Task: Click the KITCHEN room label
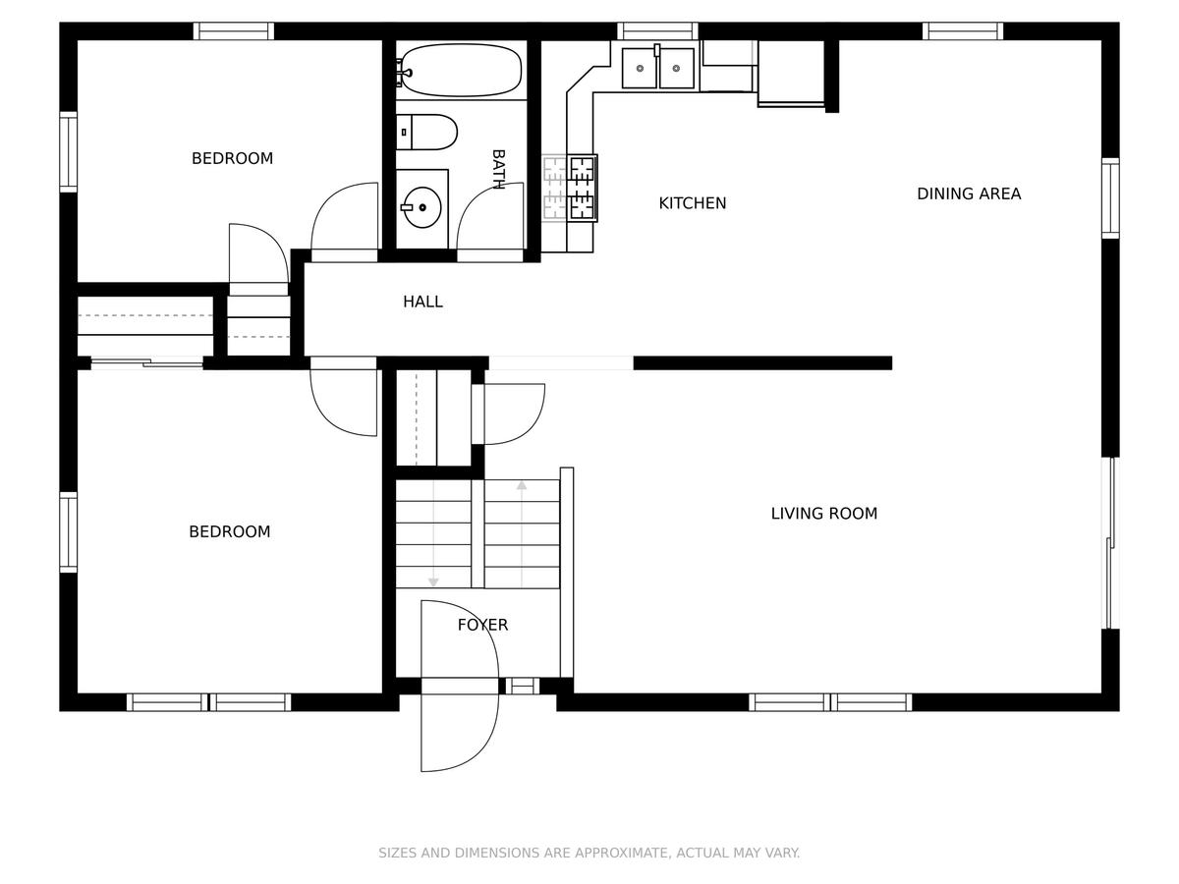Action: pyautogui.click(x=693, y=203)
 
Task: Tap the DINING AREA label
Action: pyautogui.click(x=969, y=193)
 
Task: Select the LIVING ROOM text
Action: pyautogui.click(x=824, y=514)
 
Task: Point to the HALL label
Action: pyautogui.click(x=422, y=302)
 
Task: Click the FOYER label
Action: pyautogui.click(x=482, y=625)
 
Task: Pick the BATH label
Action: pyautogui.click(x=498, y=169)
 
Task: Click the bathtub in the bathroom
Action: pyautogui.click(x=462, y=71)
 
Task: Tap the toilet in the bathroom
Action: pyautogui.click(x=427, y=132)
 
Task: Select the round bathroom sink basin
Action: pyautogui.click(x=421, y=207)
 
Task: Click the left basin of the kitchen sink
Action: pyautogui.click(x=640, y=68)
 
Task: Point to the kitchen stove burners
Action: pyautogui.click(x=583, y=188)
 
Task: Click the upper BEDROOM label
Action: pyautogui.click(x=232, y=158)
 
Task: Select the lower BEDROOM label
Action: pyautogui.click(x=229, y=532)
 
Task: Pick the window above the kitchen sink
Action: pyautogui.click(x=657, y=31)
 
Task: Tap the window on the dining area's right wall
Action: pyautogui.click(x=1110, y=198)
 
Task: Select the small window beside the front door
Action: pyautogui.click(x=522, y=686)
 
